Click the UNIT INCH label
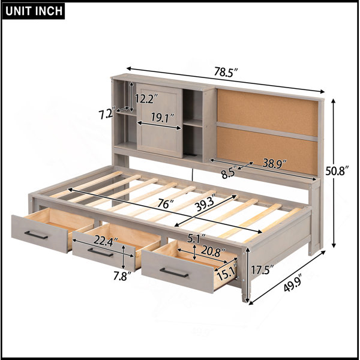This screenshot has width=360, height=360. click(34, 11)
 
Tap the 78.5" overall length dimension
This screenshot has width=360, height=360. click(226, 72)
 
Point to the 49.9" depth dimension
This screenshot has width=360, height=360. click(292, 283)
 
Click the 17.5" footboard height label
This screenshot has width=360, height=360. click(262, 270)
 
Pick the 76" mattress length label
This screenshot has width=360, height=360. click(165, 204)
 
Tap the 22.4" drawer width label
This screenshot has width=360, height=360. click(106, 241)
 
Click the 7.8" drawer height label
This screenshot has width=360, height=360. click(122, 276)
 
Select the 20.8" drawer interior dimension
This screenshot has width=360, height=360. click(213, 251)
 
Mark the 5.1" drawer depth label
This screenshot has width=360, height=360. click(196, 239)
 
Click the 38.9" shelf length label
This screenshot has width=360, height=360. click(275, 163)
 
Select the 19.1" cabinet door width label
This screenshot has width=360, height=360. click(163, 118)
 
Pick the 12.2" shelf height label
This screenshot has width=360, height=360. click(146, 98)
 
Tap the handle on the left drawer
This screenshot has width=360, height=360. click(36, 235)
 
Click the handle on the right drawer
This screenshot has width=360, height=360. click(174, 273)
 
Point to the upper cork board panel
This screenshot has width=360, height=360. click(268, 113)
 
